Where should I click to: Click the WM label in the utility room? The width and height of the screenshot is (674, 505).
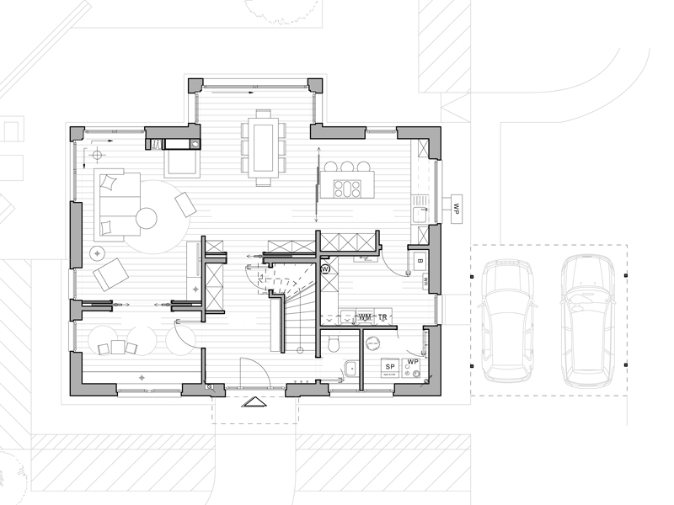tap(365, 316)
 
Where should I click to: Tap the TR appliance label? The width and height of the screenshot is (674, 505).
tap(382, 316)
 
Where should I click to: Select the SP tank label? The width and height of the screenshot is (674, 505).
tap(391, 368)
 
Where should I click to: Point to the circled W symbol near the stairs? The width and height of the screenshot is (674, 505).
tap(326, 268)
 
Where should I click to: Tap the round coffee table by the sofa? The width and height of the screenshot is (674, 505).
tap(147, 219)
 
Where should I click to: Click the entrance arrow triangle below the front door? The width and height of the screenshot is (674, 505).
tap(254, 402)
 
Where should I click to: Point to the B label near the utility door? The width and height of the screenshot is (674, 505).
tap(419, 261)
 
